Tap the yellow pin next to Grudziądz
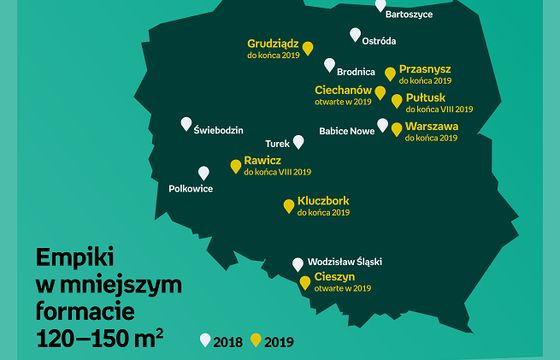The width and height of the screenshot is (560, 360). tap(308, 48)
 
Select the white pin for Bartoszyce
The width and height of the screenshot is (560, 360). tap(380, 5)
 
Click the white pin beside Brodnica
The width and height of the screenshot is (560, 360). tap(330, 65)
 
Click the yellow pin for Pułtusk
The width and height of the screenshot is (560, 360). tap(397, 101)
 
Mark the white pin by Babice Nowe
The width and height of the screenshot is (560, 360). tap(382, 125)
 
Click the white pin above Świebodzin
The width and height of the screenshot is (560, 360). tap(186, 124)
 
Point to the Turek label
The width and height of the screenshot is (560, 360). tap(277, 143)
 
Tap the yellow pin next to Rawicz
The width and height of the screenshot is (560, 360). tap(236, 166)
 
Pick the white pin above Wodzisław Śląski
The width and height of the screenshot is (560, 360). tap(297, 264)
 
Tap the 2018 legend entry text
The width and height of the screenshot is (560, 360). tap(229, 340)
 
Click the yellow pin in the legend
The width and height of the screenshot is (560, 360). tap(256, 339)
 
